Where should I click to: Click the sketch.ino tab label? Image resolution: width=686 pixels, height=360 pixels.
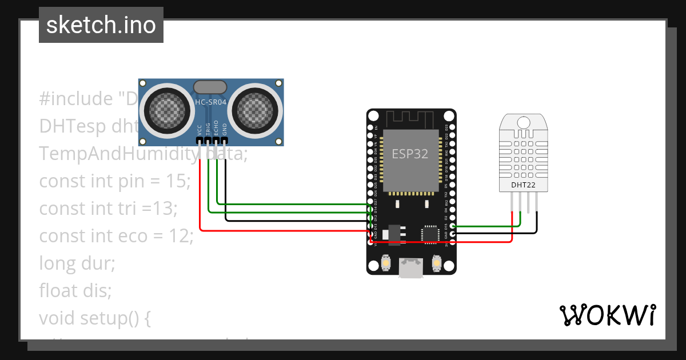pos(101,25)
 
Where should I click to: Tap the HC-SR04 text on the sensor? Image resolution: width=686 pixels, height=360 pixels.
pos(211,102)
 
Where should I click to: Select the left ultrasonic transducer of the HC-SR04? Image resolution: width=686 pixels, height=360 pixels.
pos(167,109)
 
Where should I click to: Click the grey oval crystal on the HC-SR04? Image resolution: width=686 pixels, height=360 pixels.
pos(211,87)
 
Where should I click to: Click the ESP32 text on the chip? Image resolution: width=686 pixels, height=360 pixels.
pos(409,154)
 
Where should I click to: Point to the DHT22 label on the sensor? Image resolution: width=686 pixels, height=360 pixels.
pos(523,185)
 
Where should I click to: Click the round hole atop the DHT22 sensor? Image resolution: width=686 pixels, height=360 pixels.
pos(523,122)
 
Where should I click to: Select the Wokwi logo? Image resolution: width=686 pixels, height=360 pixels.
pos(607,315)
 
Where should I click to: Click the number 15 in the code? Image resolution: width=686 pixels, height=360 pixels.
pos(177,181)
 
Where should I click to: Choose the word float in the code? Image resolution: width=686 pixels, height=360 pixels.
pos(58,290)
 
